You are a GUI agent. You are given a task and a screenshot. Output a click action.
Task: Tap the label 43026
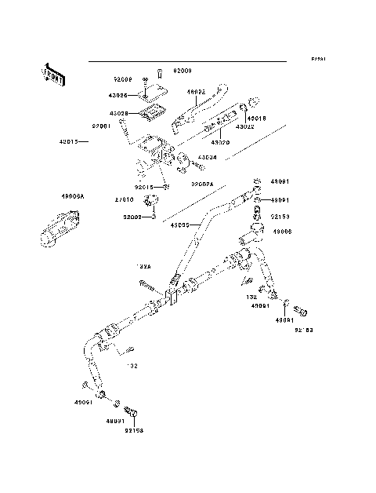[x=119, y=95]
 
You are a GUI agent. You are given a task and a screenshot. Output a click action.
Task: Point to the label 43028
[x=119, y=113]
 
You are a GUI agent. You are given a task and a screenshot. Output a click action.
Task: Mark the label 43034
[x=208, y=157]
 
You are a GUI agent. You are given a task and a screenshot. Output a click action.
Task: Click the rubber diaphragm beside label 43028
[x=154, y=112]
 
